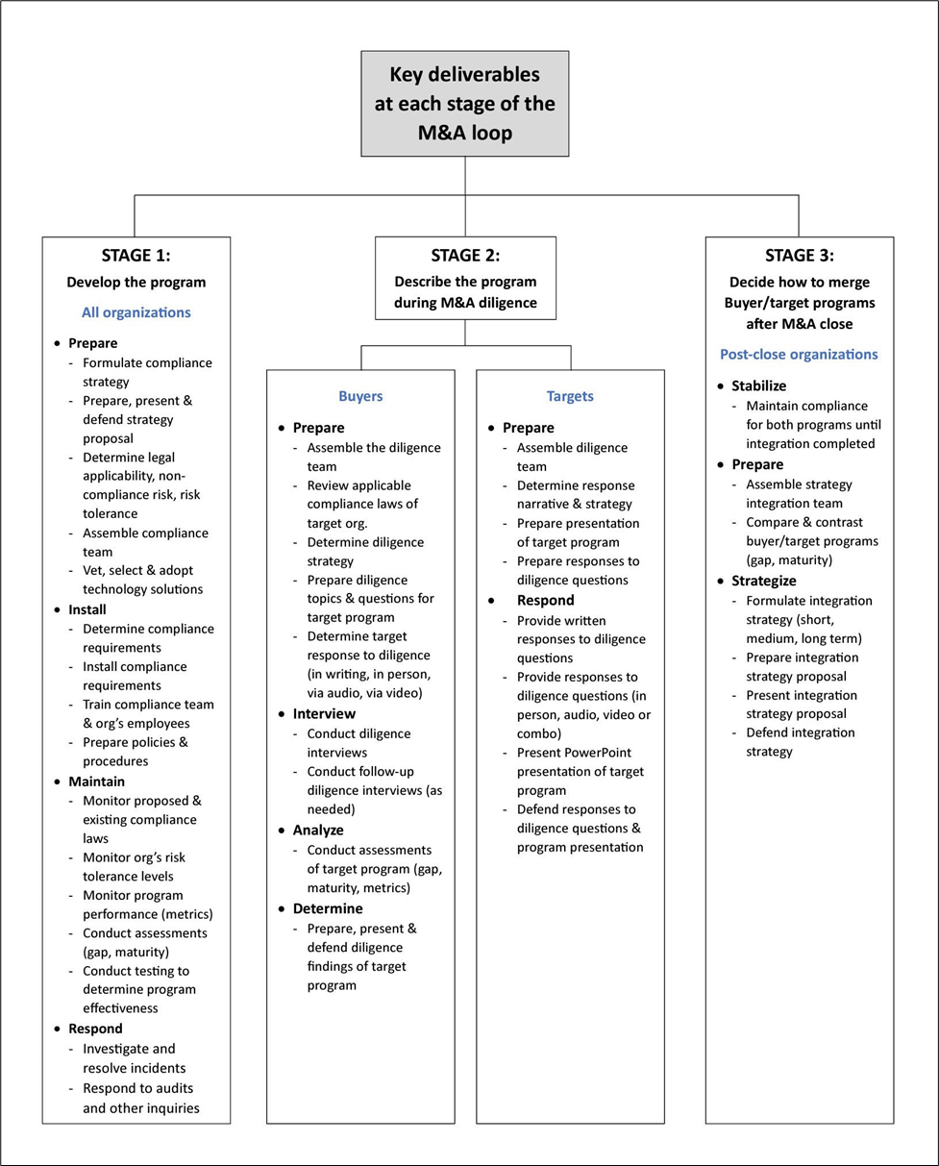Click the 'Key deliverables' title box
(465, 103)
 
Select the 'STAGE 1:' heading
(136, 255)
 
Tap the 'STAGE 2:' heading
(465, 255)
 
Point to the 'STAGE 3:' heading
(799, 255)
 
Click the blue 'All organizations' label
(136, 312)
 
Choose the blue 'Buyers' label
(360, 396)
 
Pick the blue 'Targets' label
(570, 396)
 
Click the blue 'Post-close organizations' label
(799, 355)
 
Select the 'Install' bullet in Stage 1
(87, 609)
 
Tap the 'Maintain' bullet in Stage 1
(96, 781)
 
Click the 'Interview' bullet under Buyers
(324, 713)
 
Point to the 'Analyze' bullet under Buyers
(318, 830)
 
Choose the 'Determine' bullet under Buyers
(328, 908)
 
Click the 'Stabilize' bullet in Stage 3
(758, 385)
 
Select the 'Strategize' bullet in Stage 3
(764, 581)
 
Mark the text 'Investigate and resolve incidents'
(134, 1058)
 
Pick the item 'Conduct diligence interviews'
(358, 743)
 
